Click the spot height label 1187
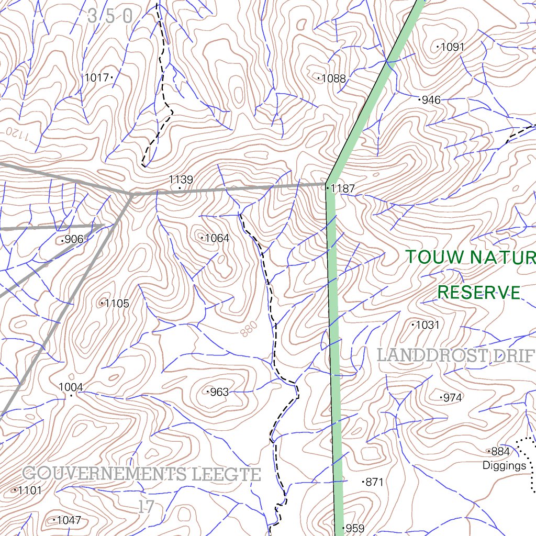pos(342,188)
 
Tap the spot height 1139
pos(181,180)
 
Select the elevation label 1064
pos(217,238)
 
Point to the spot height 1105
pos(117,304)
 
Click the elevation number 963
pos(219,392)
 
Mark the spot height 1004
pos(71,387)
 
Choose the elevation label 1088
pos(333,79)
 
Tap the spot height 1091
pos(452,47)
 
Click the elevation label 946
pos(431,99)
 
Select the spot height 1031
pos(427,325)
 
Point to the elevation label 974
pos(452,398)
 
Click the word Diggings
pos(504,465)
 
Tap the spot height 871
pos(374,482)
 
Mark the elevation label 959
pos(355,528)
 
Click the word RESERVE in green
pos(479,292)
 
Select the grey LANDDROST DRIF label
pos(455,356)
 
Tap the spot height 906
pos(74,240)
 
